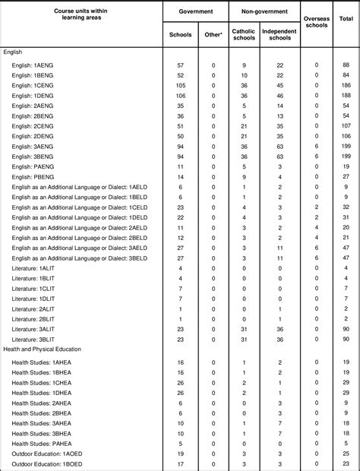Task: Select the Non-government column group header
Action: click(264, 12)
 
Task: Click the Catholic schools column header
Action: click(244, 34)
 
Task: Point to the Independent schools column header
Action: click(279, 34)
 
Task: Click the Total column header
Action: click(346, 17)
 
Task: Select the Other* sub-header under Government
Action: click(213, 35)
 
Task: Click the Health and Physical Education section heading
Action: click(48, 349)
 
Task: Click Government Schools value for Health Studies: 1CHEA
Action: click(180, 383)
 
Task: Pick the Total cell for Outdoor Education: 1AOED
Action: click(346, 453)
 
